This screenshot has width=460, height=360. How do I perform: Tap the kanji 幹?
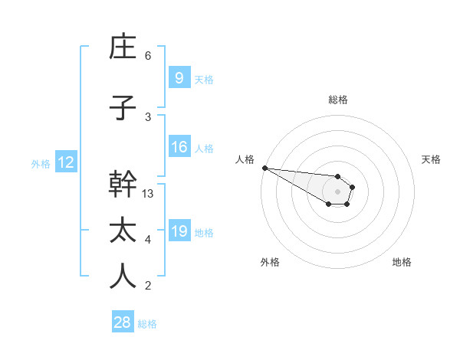123,185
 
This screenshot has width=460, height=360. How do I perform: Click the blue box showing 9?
179,78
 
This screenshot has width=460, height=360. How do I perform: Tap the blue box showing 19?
179,231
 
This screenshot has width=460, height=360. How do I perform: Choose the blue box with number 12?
65,162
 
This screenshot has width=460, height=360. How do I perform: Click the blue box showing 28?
123,322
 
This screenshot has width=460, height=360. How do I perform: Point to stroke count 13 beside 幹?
149,194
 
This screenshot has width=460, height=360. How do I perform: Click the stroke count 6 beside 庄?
148,56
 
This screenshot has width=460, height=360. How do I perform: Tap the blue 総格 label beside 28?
147,324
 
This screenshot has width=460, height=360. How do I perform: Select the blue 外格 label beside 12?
41,163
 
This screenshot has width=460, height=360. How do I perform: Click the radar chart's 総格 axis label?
337,100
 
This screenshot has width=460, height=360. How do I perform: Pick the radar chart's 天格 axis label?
431,159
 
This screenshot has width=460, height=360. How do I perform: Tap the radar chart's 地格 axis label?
402,262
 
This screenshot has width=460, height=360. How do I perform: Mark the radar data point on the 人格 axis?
264,168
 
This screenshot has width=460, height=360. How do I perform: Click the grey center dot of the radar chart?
337,191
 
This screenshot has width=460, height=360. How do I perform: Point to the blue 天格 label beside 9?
204,79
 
